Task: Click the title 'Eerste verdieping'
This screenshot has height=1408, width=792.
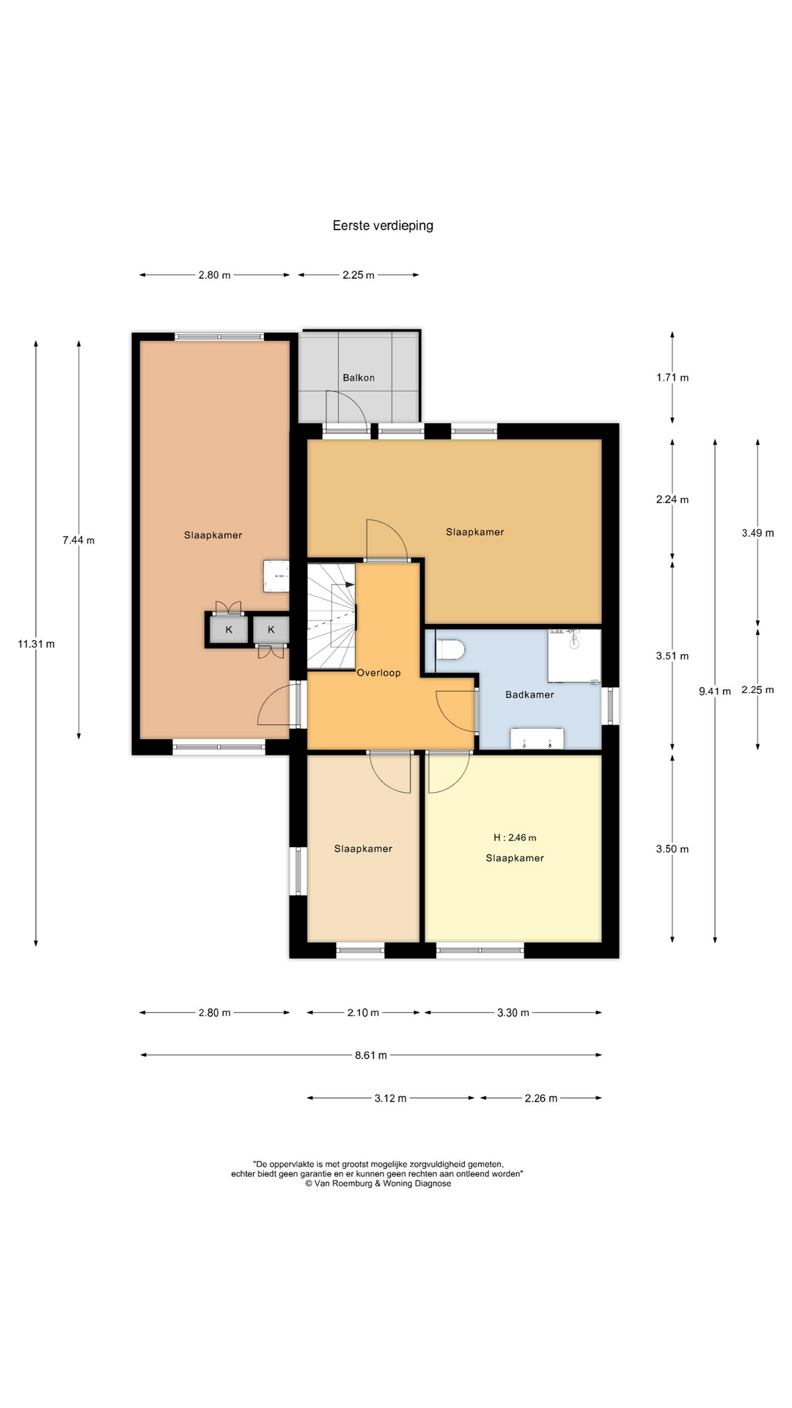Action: (x=383, y=226)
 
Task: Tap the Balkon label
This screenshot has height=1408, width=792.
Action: (x=359, y=378)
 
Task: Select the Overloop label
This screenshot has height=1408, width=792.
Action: (x=378, y=672)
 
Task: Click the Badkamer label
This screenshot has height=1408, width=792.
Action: (x=529, y=694)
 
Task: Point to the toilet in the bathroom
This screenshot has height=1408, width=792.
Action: (x=450, y=650)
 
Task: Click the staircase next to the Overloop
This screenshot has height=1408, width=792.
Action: (x=331, y=615)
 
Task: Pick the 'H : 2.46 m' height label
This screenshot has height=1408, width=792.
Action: (x=515, y=837)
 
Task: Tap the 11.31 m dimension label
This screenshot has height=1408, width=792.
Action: (x=36, y=644)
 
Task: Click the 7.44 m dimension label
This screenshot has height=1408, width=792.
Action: (x=78, y=540)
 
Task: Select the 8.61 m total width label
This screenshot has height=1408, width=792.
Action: (x=370, y=1055)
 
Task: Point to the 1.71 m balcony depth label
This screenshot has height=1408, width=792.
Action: (x=672, y=378)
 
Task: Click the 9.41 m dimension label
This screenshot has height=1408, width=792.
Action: (x=715, y=691)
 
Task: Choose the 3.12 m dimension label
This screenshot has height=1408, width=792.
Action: (x=390, y=1098)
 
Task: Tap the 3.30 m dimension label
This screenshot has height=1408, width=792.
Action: (x=513, y=1013)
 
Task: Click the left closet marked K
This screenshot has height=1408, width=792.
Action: (x=229, y=629)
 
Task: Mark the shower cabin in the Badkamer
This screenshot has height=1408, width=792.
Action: (x=574, y=656)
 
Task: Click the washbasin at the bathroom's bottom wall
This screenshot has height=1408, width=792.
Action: (x=538, y=738)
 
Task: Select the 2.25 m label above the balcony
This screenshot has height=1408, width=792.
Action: (x=359, y=275)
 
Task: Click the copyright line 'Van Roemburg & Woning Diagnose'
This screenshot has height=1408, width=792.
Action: (x=378, y=1183)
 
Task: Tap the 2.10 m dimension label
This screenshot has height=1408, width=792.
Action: (x=363, y=1013)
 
